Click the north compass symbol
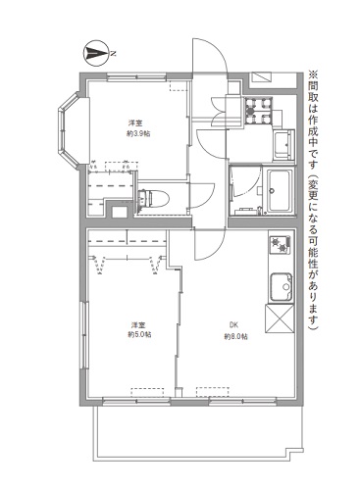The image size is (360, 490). tap(96, 53)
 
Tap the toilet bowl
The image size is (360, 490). tap(154, 198)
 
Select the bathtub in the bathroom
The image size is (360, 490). tap(279, 191)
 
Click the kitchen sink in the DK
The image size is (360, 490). tap(281, 287)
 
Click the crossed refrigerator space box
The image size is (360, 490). tap(280, 318)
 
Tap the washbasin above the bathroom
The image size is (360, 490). tap(283, 145)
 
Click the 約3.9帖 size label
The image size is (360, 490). tap(138, 133)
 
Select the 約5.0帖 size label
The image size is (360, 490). tap(139, 335)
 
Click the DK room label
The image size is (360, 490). tap(233, 325)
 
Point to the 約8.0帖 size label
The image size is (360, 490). tap(236, 337)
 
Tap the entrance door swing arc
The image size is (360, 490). tap(210, 56)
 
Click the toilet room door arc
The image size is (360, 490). tap(202, 196)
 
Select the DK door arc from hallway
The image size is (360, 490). tap(210, 244)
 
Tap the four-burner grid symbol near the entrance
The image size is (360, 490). tap(259, 111)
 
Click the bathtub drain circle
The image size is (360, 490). tap(271, 190)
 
